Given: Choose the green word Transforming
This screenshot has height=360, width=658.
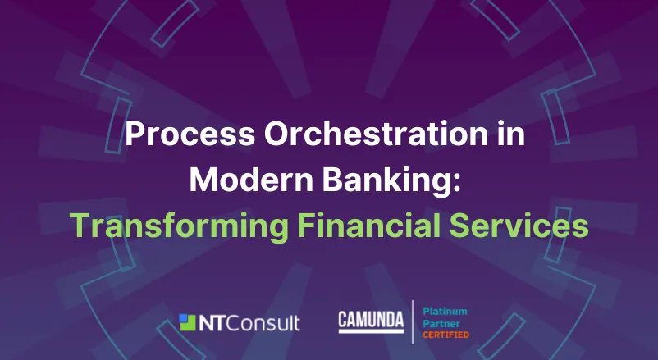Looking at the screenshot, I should point(170,225).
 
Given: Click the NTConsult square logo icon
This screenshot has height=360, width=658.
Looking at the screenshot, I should point(189,322).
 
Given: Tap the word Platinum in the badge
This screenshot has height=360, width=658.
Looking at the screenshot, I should point(445,312).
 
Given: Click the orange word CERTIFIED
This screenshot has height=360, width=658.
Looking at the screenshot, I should point(446,335).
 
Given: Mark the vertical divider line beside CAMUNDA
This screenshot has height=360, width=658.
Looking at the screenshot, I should point(413,322).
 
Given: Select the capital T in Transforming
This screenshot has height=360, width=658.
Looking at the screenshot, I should point(77,224).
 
